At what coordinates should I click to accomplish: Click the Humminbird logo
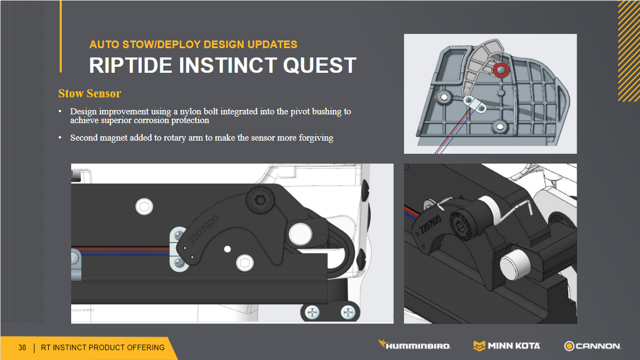414,345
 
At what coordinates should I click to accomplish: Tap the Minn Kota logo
506,346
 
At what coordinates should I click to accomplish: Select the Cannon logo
593,346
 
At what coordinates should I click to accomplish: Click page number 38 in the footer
22,347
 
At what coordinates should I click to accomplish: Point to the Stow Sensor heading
89,94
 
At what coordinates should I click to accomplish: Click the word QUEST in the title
320,65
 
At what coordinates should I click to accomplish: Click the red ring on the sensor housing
501,70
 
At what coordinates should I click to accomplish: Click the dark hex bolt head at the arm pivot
261,200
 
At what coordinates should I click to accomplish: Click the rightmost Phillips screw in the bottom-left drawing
348,313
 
